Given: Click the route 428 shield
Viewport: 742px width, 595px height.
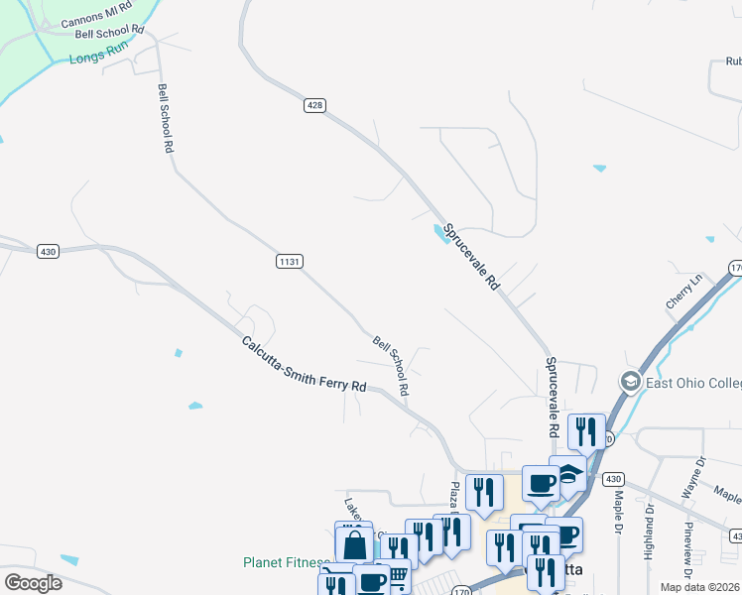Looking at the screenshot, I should tap(314, 105).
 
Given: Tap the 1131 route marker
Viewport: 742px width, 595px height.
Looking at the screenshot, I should tap(289, 261).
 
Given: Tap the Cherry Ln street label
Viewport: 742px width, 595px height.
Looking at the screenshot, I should tap(683, 291).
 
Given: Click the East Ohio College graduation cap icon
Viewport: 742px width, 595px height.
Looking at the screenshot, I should tap(629, 382).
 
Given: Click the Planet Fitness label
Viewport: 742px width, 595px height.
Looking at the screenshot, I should tap(286, 562).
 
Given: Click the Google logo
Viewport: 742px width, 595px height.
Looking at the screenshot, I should tap(33, 583).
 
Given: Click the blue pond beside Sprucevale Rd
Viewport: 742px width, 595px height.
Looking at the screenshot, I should tap(438, 234).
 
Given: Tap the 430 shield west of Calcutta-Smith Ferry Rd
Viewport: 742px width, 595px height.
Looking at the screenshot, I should tap(48, 252).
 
